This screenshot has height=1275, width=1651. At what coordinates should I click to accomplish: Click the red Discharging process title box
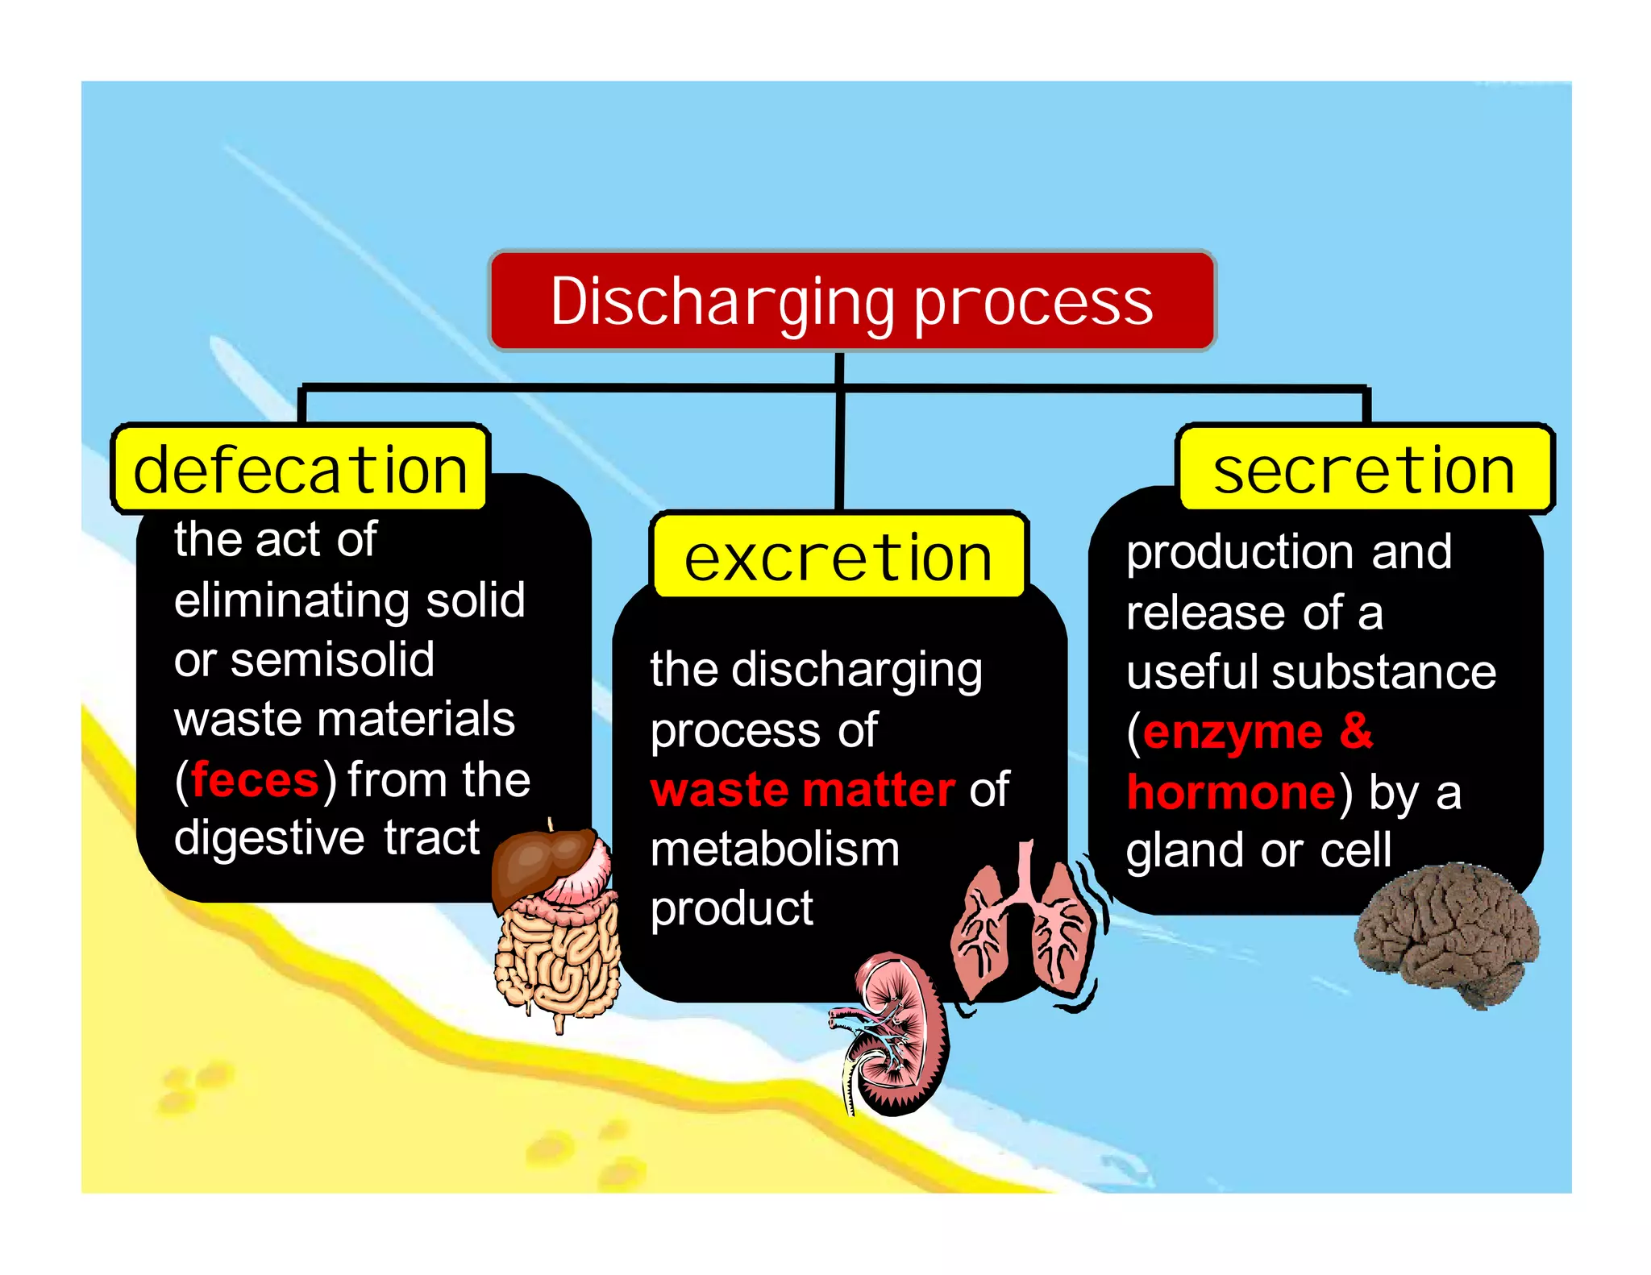[x=851, y=301]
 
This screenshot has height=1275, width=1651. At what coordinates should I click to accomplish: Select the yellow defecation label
[x=300, y=469]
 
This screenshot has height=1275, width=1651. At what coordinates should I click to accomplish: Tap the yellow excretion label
[x=838, y=557]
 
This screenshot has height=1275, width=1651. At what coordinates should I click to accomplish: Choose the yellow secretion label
[x=1364, y=469]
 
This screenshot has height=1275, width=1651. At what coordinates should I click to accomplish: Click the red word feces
[x=255, y=780]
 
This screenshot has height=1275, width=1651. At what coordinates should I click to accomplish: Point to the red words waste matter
[x=802, y=790]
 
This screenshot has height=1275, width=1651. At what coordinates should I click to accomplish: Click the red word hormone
[x=1231, y=792]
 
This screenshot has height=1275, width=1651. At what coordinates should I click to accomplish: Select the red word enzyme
[x=1233, y=732]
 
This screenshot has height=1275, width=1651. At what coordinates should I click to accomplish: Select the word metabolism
[x=775, y=849]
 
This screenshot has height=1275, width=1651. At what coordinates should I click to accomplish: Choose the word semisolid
[x=332, y=659]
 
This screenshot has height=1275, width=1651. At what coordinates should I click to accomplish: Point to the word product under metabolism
[x=731, y=909]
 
